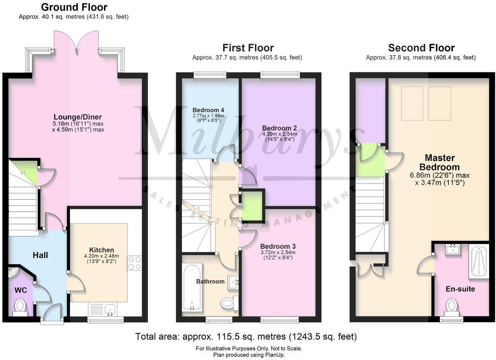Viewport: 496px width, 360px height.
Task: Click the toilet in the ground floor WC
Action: tap(20, 307)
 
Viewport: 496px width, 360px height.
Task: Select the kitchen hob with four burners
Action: tap(134, 264)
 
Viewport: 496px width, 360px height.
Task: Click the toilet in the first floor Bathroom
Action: tap(228, 303)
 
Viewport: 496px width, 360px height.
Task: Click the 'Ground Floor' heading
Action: tap(74, 7)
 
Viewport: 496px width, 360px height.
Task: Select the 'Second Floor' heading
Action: tap(421, 48)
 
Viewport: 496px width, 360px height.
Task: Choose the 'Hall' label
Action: tap(41, 255)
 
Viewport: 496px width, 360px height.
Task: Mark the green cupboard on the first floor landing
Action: tap(253, 206)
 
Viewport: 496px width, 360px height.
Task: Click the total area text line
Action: tap(246, 337)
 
